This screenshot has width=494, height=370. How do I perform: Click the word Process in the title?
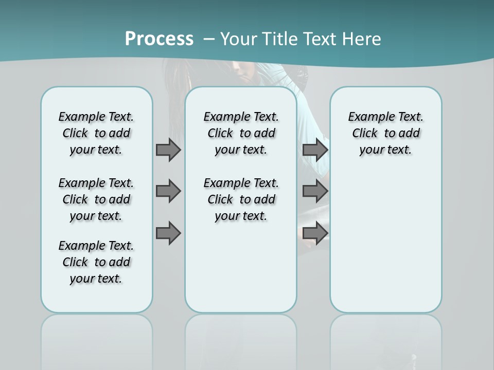(x=159, y=39)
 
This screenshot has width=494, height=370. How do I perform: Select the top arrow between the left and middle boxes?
(x=168, y=150)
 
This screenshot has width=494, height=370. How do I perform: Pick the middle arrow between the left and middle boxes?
(x=168, y=191)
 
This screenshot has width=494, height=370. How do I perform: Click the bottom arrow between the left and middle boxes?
(x=168, y=233)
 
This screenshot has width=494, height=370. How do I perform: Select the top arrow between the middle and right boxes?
(x=315, y=150)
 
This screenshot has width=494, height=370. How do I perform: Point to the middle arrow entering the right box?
(x=315, y=191)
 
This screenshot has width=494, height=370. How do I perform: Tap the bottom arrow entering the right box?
(x=315, y=233)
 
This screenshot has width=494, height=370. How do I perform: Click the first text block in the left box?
(x=96, y=133)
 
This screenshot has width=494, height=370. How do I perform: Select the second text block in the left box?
(x=96, y=199)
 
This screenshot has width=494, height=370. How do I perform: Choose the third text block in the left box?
(x=96, y=262)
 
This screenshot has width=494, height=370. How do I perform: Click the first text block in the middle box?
(x=241, y=133)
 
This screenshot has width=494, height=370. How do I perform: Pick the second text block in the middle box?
(x=241, y=199)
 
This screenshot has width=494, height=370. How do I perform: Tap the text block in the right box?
(x=386, y=133)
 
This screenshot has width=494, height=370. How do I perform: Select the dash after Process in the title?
(x=209, y=39)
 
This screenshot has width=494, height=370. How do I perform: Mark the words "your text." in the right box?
(x=385, y=150)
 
